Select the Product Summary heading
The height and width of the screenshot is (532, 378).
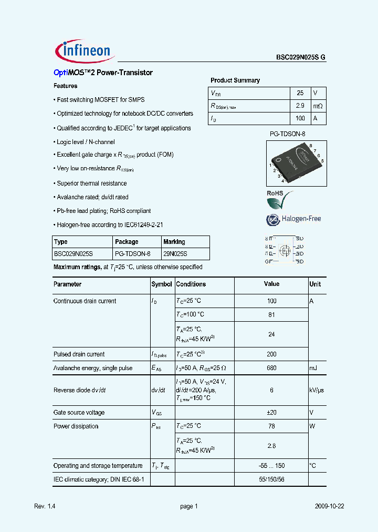point(235,80)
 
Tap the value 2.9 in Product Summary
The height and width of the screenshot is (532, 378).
point(300,106)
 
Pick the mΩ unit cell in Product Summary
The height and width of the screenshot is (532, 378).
point(318,106)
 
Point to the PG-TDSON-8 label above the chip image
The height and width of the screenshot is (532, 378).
point(287,135)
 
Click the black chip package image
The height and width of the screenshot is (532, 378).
point(296,162)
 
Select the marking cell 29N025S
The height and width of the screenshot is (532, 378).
point(175,254)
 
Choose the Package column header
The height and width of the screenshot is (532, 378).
point(127,242)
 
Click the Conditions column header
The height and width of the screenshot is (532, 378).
point(191,284)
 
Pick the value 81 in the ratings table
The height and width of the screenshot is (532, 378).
point(271,314)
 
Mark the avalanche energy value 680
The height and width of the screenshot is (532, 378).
point(271,368)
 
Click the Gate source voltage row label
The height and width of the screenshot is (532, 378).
point(79,413)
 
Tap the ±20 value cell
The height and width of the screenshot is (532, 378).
point(271,413)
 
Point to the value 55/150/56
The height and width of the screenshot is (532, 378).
point(271,479)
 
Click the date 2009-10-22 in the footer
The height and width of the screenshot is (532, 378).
point(330,506)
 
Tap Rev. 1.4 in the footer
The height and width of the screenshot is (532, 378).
point(45,506)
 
